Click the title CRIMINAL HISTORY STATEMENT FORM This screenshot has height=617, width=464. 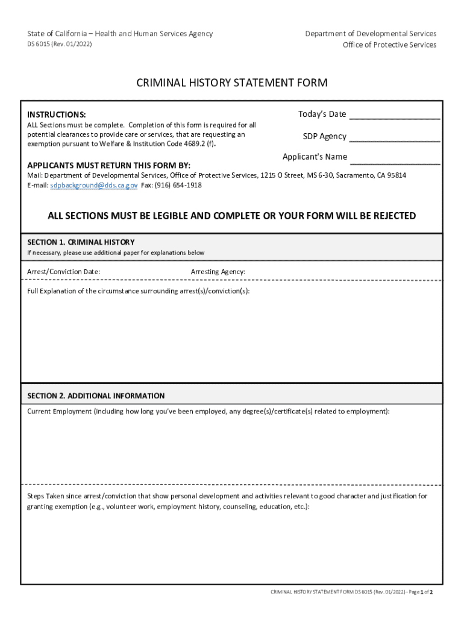click(x=232, y=83)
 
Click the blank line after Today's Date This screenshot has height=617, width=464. click(x=395, y=116)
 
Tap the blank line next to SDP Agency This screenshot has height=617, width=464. click(x=395, y=137)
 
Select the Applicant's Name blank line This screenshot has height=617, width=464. click(x=395, y=159)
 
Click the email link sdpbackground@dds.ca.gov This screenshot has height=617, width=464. click(x=94, y=185)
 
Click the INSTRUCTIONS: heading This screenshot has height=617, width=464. click(x=57, y=114)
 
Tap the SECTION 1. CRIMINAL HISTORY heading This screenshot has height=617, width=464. click(x=81, y=242)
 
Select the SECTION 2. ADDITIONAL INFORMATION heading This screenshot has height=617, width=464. click(x=96, y=396)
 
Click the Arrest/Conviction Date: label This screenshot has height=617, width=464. click(x=64, y=272)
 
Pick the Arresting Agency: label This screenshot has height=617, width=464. click(x=218, y=272)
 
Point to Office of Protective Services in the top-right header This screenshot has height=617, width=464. click(x=390, y=45)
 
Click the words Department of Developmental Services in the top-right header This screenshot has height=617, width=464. click(x=371, y=34)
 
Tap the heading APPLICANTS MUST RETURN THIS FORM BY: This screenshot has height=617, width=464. click(x=109, y=165)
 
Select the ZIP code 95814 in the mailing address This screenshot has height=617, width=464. click(x=397, y=175)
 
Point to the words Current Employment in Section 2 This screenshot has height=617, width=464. click(x=59, y=412)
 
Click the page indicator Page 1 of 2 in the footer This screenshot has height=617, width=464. click(x=421, y=593)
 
